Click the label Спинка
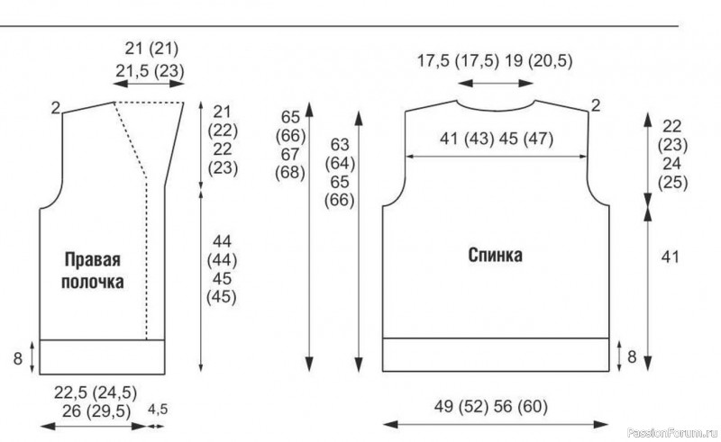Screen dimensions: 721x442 pos(495,255)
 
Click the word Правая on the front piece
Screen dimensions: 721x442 pos(93,260)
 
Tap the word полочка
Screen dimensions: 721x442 pos(93,282)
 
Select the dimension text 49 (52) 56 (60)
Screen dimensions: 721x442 pos(491,407)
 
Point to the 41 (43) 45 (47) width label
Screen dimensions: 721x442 pos(497,139)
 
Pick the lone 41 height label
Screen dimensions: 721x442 pos(670,257)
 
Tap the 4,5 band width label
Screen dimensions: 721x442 pos(158,410)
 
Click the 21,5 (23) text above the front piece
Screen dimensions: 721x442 pos(150,71)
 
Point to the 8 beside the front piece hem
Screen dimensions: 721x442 pos(17,358)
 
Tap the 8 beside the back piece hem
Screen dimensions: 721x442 pos(633,356)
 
